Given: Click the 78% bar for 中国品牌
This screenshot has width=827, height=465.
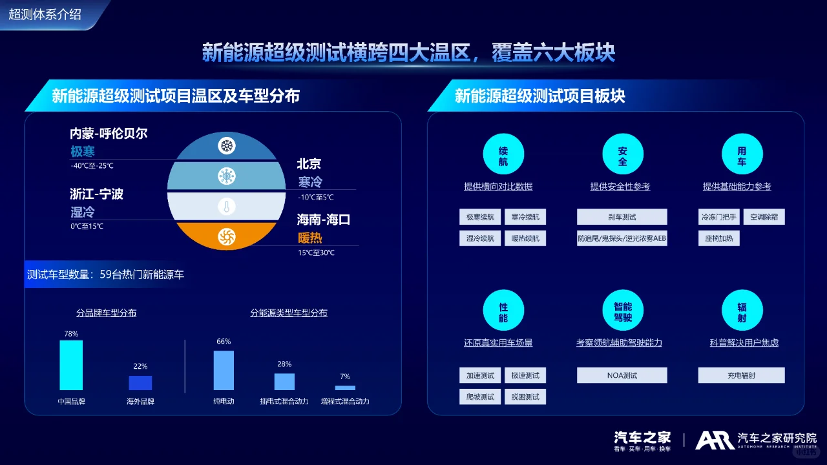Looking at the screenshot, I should [x=71, y=365].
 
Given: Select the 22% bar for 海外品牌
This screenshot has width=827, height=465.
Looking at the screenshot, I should [x=140, y=383].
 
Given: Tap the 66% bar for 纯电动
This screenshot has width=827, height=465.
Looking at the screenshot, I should [x=224, y=370].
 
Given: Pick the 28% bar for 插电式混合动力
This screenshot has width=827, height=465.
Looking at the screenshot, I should [x=284, y=382].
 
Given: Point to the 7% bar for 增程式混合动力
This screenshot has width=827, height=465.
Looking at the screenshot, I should [x=345, y=387].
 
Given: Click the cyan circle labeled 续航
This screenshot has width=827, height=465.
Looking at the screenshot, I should [x=503, y=155].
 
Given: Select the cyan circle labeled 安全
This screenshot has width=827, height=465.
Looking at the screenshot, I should [x=623, y=155].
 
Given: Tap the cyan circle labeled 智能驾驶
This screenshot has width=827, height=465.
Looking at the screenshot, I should [x=623, y=311].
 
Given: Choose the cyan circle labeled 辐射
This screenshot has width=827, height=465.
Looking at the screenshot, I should [x=742, y=311].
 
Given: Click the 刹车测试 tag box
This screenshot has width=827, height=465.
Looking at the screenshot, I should [x=622, y=217].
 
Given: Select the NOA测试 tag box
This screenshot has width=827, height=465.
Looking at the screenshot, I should [x=622, y=375].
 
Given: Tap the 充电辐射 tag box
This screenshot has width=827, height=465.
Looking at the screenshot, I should [x=741, y=375].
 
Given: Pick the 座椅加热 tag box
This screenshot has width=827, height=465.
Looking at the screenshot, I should [x=718, y=238].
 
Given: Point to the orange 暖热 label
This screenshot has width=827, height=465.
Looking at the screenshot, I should [x=309, y=238].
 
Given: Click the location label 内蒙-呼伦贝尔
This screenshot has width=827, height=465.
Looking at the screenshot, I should [x=109, y=134].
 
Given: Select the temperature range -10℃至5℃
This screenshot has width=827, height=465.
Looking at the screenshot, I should [x=316, y=197].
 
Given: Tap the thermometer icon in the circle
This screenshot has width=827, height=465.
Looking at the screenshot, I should [x=226, y=207].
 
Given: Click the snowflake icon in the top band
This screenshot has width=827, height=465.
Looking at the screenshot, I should [x=227, y=146].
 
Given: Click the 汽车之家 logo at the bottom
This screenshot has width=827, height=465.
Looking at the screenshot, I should [x=642, y=440].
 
